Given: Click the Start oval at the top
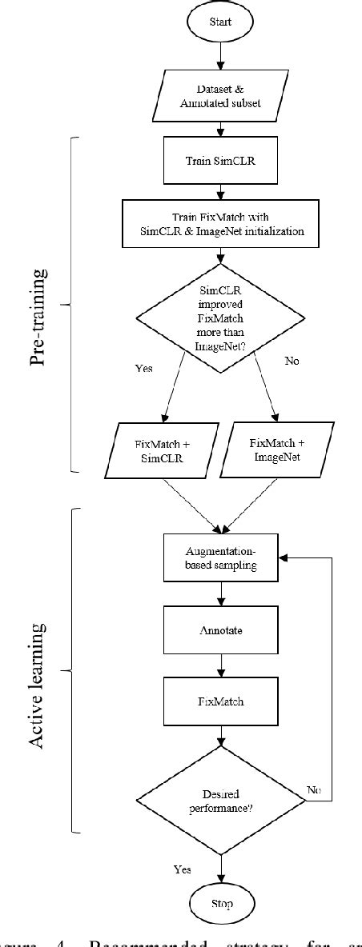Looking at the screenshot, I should point(220,22).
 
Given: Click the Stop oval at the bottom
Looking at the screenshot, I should point(220,904).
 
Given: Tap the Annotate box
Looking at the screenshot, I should point(220,630).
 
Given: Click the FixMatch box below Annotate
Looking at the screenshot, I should point(220,701).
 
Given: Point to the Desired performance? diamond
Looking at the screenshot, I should point(220,797).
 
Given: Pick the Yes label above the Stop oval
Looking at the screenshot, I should point(182,869).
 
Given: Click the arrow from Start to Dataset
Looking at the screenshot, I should point(220,58).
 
